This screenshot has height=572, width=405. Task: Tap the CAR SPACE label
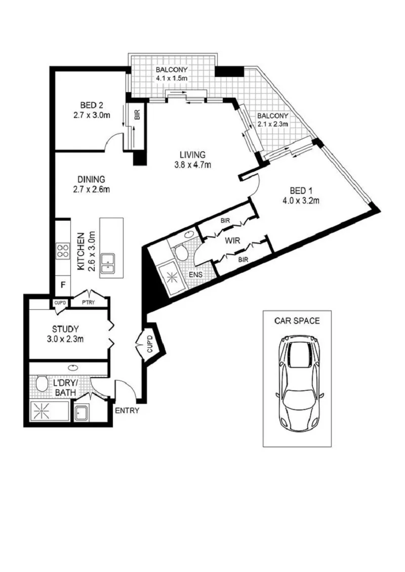pyautogui.click(x=297, y=321)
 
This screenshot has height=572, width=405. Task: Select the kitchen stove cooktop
pyautogui.click(x=63, y=251)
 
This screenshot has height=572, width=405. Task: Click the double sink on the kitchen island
pyautogui.click(x=108, y=263)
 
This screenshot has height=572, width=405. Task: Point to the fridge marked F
pyautogui.click(x=63, y=285)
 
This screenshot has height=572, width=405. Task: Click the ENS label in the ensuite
pyautogui.click(x=196, y=275)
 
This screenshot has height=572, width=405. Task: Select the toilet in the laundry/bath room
pyautogui.click(x=42, y=384)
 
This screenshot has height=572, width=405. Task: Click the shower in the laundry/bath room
pyautogui.click(x=49, y=411)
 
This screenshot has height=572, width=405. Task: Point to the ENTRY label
pyautogui.click(x=127, y=411)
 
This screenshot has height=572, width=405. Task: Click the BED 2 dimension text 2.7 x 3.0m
pyautogui.click(x=92, y=115)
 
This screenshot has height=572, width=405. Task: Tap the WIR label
pyautogui.click(x=232, y=241)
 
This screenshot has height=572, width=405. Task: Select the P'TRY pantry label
pyautogui.click(x=88, y=302)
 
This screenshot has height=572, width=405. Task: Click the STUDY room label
pyautogui.click(x=65, y=330)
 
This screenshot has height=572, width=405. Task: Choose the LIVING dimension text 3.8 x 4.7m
pyautogui.click(x=193, y=165)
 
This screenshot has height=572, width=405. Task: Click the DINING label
pyautogui.click(x=91, y=180)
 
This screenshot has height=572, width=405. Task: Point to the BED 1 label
pyautogui.click(x=301, y=190)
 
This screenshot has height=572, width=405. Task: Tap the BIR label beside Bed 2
pyautogui.click(x=137, y=115)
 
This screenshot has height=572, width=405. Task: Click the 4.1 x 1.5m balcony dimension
pyautogui.click(x=172, y=78)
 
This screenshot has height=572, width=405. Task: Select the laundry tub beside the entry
pyautogui.click(x=82, y=412)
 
